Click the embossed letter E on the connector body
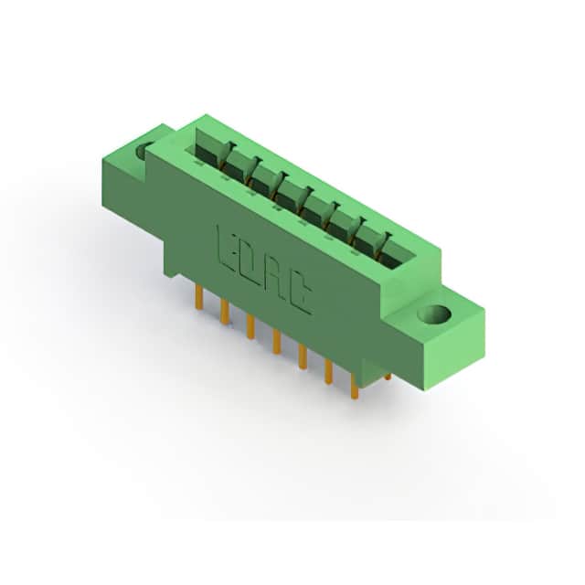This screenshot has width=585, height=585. coord(229,246)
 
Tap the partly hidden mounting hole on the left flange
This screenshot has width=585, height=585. coord(144,151)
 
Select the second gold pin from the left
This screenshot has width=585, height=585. coord(224,312)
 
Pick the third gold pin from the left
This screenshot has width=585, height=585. coord(250,326)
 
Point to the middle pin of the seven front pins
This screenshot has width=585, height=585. coord(276,341)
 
